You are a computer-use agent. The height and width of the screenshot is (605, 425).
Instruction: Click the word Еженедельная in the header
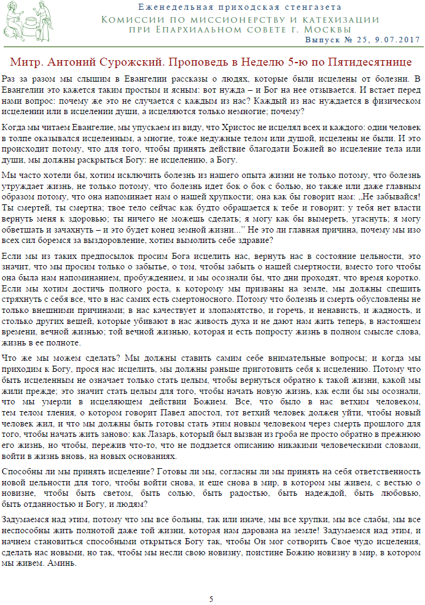pyautogui.click(x=172, y=7)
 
